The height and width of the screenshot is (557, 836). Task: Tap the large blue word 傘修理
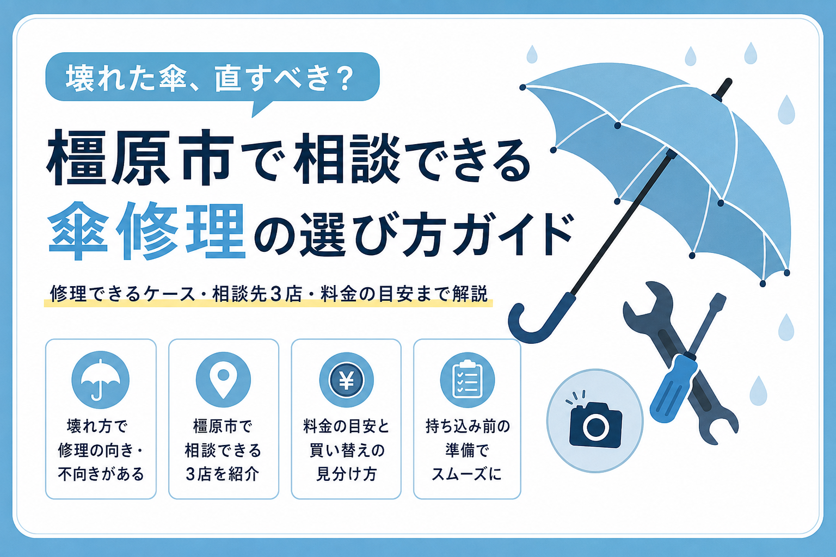click(146, 231)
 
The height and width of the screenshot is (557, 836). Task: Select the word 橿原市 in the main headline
click(140, 157)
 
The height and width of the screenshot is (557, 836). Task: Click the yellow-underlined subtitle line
click(269, 294)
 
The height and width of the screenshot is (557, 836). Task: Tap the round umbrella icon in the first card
click(100, 380)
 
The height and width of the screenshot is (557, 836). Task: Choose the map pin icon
click(223, 380)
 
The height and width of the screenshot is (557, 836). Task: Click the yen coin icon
click(346, 380)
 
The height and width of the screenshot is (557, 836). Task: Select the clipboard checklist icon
click(468, 380)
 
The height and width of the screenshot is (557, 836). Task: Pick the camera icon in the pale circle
click(595, 423)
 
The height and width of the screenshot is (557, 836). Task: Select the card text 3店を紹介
click(223, 474)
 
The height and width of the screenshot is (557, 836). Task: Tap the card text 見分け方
click(346, 474)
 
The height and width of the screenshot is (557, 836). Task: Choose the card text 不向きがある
click(101, 474)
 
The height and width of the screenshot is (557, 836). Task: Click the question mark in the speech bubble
click(342, 79)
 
